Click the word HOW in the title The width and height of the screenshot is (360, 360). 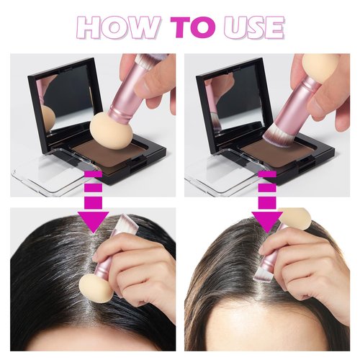click(x=118, y=27)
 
